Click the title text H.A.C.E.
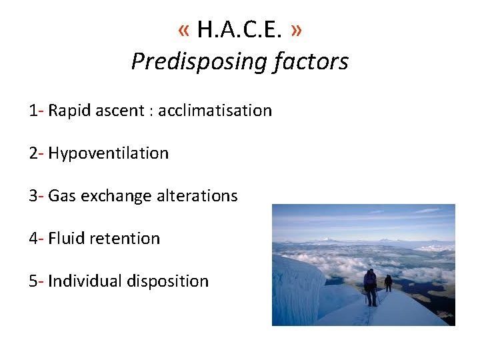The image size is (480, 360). click(241, 30)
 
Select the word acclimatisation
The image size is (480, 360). click(215, 110)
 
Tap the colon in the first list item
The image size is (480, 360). click(152, 111)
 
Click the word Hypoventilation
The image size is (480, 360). click(108, 153)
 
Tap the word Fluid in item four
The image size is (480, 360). click(64, 238)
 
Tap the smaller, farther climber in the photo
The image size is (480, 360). click(388, 283)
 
